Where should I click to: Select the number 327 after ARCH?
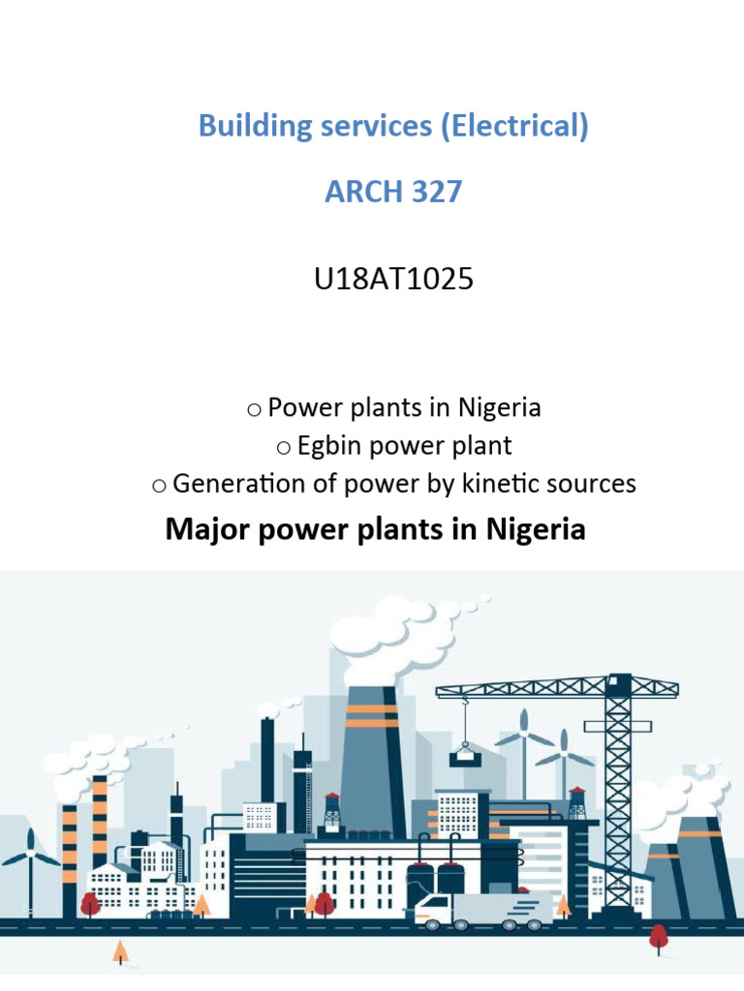(432, 192)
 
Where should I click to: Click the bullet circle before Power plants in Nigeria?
(254, 409)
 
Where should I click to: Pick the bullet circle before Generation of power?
(159, 485)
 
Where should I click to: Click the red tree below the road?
(659, 937)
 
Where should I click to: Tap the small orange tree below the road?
(120, 952)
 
